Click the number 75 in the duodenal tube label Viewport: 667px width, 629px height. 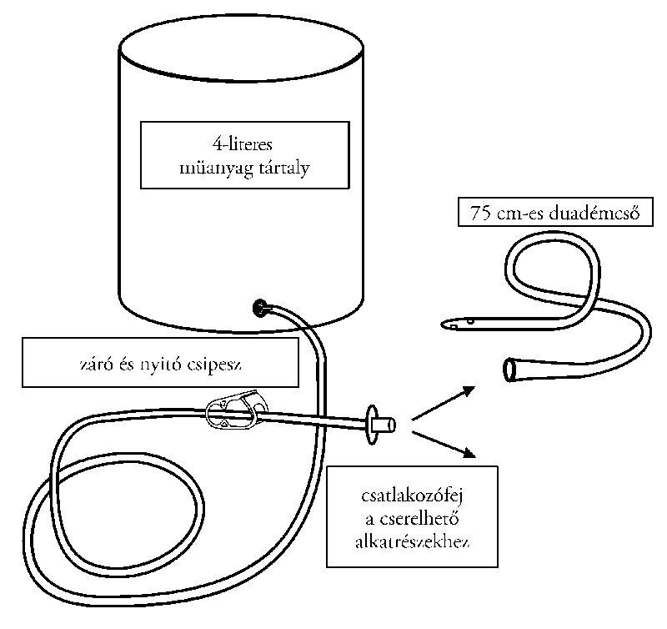tap(480, 214)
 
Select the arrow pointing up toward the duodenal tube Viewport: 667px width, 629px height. tap(443, 401)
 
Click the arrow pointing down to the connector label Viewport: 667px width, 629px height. tap(443, 443)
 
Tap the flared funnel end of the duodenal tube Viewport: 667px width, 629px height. tap(513, 367)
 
